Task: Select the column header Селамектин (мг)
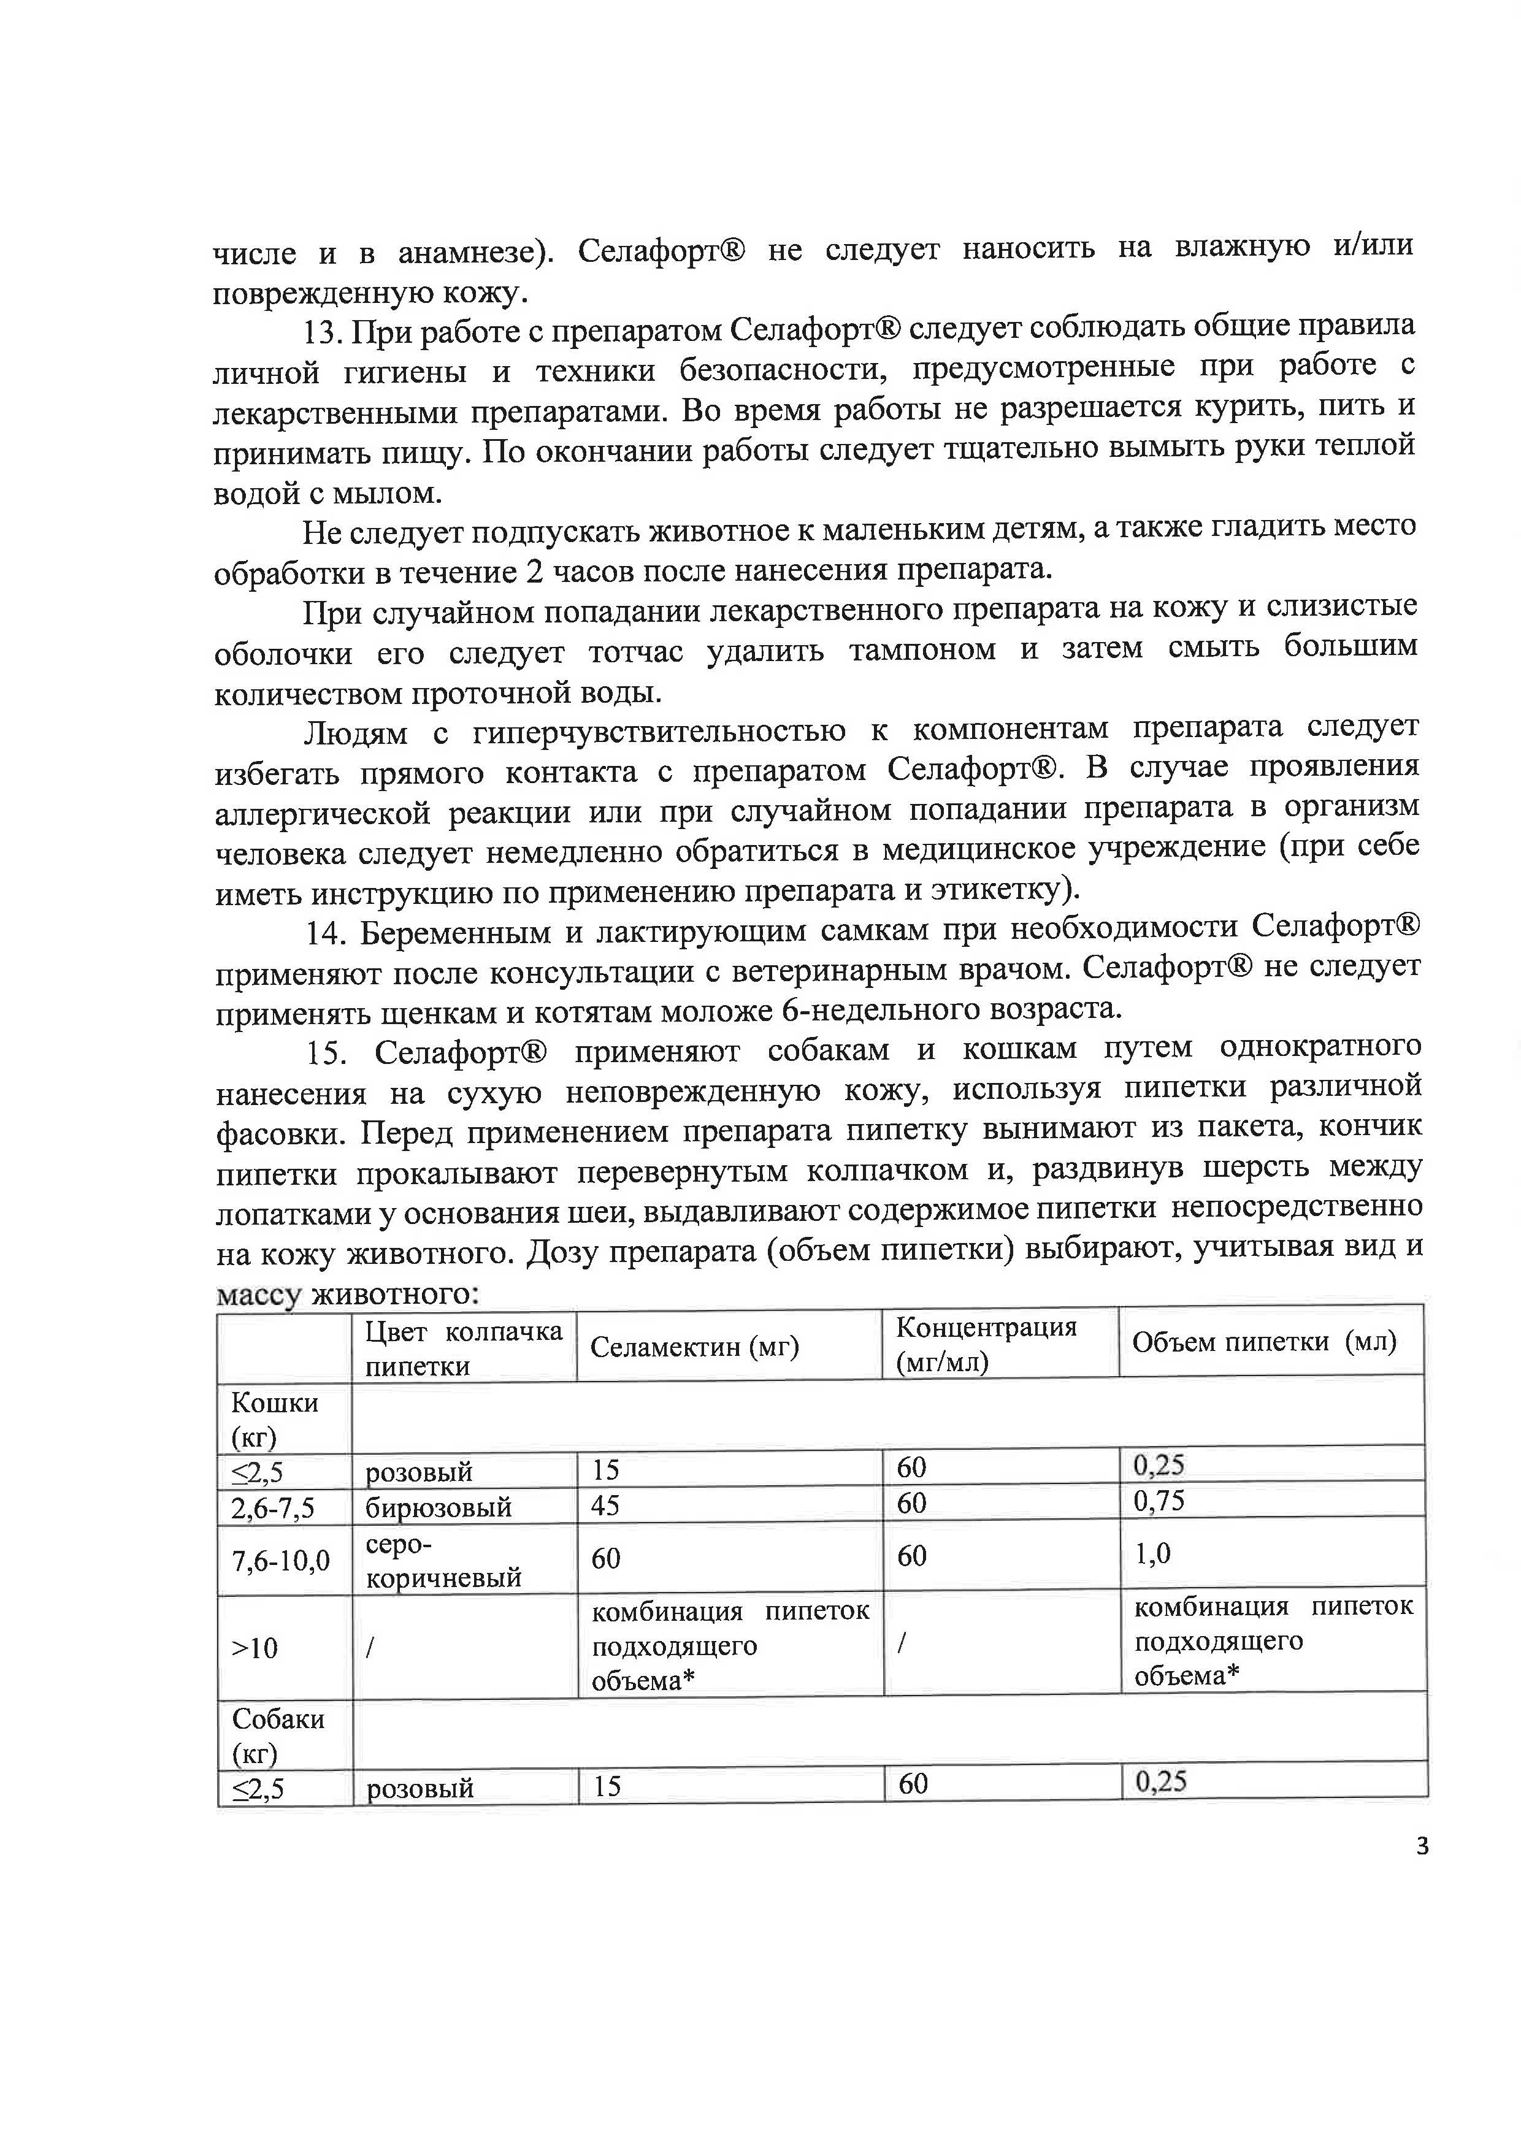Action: pyautogui.click(x=694, y=1347)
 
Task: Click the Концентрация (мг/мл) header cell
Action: pyautogui.click(x=986, y=1344)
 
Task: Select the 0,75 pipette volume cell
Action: pyautogui.click(x=1159, y=1502)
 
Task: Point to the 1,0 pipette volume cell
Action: pyautogui.click(x=1152, y=1555)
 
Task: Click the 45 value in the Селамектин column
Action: pyautogui.click(x=606, y=1505)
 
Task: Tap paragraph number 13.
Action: pyautogui.click(x=324, y=332)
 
